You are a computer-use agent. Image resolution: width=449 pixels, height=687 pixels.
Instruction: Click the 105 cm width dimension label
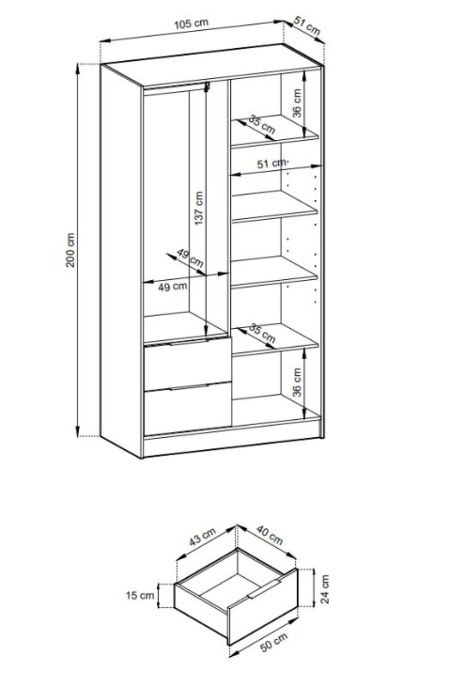click(191, 23)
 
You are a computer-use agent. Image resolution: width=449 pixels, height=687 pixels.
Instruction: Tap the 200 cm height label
click(70, 250)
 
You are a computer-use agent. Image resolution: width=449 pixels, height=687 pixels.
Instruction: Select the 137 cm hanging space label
click(199, 208)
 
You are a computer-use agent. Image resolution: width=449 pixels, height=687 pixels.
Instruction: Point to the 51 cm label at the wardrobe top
click(307, 27)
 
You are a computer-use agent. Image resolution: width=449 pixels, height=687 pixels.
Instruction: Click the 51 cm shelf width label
click(271, 163)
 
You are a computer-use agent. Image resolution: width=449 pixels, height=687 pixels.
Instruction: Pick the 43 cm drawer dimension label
click(203, 537)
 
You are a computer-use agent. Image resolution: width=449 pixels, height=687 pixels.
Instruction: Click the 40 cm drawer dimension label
click(270, 535)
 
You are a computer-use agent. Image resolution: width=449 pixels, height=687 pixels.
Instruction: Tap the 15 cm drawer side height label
click(140, 595)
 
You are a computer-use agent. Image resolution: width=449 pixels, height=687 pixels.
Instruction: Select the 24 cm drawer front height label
click(325, 589)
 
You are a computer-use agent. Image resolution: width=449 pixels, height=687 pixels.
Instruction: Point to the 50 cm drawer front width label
click(274, 642)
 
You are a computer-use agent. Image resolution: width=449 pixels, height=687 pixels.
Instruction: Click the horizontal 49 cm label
click(173, 287)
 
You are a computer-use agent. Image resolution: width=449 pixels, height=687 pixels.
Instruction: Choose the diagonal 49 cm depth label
click(190, 258)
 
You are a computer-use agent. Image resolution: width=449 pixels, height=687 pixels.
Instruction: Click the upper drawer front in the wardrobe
click(187, 363)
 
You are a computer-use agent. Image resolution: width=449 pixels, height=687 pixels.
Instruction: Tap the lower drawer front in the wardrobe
click(187, 409)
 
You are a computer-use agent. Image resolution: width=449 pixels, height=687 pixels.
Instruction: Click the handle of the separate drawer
click(264, 587)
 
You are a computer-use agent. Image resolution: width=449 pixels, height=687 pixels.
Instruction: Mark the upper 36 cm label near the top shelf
click(297, 103)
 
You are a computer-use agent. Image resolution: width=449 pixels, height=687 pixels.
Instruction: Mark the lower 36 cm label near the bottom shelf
click(297, 382)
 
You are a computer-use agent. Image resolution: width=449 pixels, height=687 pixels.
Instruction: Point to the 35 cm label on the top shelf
click(262, 125)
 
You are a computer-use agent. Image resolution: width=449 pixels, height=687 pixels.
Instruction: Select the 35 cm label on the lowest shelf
click(262, 333)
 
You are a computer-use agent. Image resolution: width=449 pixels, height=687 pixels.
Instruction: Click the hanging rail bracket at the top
click(207, 87)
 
